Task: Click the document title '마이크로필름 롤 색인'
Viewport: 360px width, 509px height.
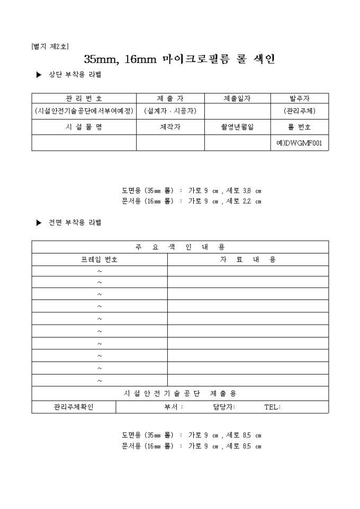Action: point(180,59)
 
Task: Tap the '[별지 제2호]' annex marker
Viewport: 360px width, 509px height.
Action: point(51,47)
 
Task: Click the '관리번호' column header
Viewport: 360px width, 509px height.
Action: point(84,98)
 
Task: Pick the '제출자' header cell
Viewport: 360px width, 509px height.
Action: point(170,98)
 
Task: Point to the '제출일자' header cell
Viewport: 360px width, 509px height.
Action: point(237,98)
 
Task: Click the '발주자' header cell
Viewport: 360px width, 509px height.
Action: point(299,98)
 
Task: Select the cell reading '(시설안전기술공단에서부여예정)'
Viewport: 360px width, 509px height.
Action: point(84,111)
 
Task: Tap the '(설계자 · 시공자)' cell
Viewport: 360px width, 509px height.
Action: point(170,111)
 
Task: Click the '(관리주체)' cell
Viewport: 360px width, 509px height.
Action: point(299,111)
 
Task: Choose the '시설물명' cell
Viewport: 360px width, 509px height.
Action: point(84,127)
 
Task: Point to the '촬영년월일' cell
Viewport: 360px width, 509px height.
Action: point(237,127)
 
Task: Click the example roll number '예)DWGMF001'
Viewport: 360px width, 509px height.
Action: point(299,143)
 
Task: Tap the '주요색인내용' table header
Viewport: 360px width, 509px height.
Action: point(180,247)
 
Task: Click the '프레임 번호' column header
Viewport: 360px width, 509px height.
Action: point(100,259)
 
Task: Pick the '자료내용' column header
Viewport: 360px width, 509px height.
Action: point(248,259)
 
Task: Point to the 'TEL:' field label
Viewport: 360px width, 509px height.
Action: point(272,407)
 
